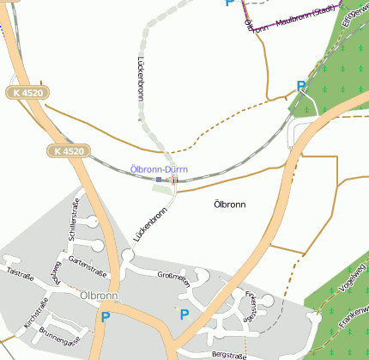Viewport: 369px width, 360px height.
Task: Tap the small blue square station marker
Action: (159, 180)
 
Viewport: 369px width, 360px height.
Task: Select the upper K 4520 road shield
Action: (28, 92)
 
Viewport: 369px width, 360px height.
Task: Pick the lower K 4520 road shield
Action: (68, 151)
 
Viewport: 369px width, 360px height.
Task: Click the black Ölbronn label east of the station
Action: (229, 204)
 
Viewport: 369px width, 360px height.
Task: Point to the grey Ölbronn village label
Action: (97, 296)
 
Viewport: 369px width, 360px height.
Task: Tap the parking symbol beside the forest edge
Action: (301, 86)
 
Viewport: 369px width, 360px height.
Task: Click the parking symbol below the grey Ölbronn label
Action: (106, 317)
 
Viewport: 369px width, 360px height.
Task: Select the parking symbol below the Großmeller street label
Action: (184, 315)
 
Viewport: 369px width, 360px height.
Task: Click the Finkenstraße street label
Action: (251, 305)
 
